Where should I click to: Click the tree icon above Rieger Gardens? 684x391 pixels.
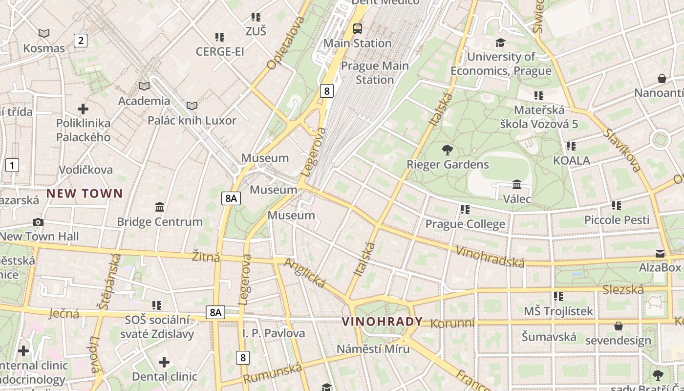(447, 150)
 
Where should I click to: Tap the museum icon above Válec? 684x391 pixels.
(517, 185)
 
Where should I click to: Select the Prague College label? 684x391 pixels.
(465, 224)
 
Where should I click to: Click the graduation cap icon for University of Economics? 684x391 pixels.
(500, 43)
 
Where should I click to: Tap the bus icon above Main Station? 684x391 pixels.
(358, 29)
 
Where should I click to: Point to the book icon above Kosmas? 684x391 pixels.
(44, 34)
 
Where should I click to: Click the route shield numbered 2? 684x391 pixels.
(81, 41)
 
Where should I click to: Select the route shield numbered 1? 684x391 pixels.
(12, 165)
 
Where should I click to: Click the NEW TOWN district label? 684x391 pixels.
(85, 194)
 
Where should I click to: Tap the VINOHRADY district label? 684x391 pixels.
(382, 322)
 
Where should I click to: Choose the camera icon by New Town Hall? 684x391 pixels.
(38, 222)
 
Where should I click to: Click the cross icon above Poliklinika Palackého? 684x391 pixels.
(83, 109)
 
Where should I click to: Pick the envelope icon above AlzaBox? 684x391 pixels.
(660, 254)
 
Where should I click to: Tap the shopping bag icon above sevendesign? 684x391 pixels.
(619, 326)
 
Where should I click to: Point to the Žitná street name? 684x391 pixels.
(206, 257)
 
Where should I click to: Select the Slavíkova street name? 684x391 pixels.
(621, 150)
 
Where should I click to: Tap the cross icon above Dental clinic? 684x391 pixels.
(164, 362)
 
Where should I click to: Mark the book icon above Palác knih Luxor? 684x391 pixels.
(192, 106)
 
